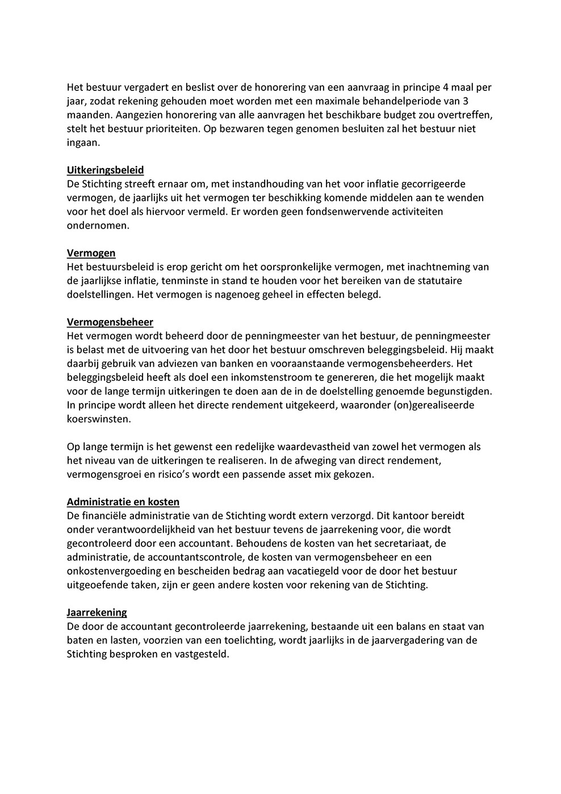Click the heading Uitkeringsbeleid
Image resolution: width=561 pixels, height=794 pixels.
[x=105, y=170]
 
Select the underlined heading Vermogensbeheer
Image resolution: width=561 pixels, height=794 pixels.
[x=110, y=322]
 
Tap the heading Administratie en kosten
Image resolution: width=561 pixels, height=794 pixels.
[x=123, y=502]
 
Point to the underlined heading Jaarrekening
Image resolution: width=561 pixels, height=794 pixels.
[x=97, y=613]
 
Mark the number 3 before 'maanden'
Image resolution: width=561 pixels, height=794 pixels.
[x=466, y=101]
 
